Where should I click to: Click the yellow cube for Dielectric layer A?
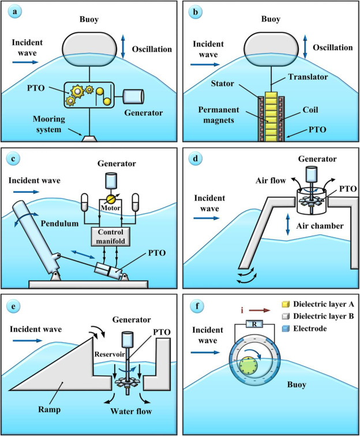click(279, 304)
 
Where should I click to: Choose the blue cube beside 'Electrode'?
click(279, 330)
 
